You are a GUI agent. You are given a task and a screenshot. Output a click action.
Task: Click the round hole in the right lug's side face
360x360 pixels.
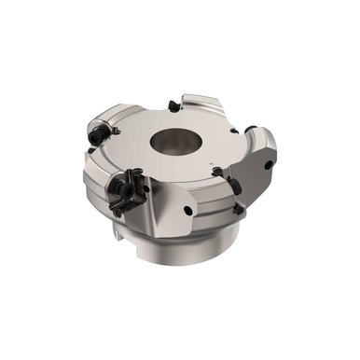pyautogui.click(x=270, y=166)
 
